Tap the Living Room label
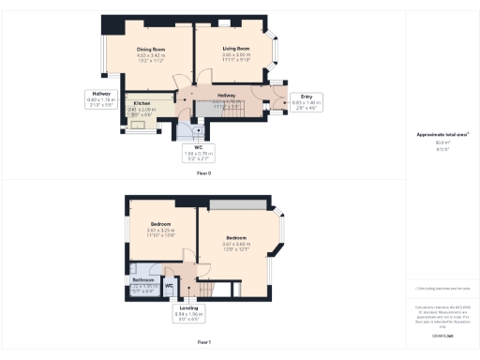click(235, 48)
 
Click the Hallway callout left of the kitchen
click(99, 97)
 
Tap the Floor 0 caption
click(202, 174)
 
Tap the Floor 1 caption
click(202, 343)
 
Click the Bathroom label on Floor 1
click(142, 279)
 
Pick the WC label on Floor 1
click(169, 284)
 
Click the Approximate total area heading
click(442, 135)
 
